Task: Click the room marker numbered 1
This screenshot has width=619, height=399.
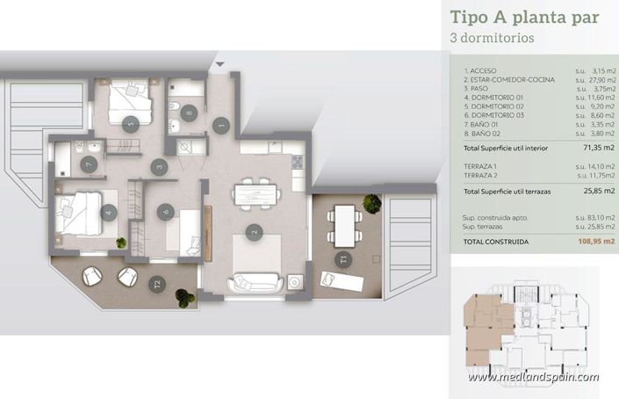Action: coord(222,126)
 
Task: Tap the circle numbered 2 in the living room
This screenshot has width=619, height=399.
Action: coord(255,233)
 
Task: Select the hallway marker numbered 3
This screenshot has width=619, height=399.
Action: coord(159,165)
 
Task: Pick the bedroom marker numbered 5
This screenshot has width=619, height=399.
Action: coord(131,125)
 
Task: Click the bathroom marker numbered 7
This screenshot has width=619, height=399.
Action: coord(88,163)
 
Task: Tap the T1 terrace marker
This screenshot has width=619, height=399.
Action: coord(343,258)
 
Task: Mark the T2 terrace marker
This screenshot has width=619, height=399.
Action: coord(157,283)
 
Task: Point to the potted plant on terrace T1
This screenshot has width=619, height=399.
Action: coord(371,202)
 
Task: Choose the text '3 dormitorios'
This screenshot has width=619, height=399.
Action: coord(492,39)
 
